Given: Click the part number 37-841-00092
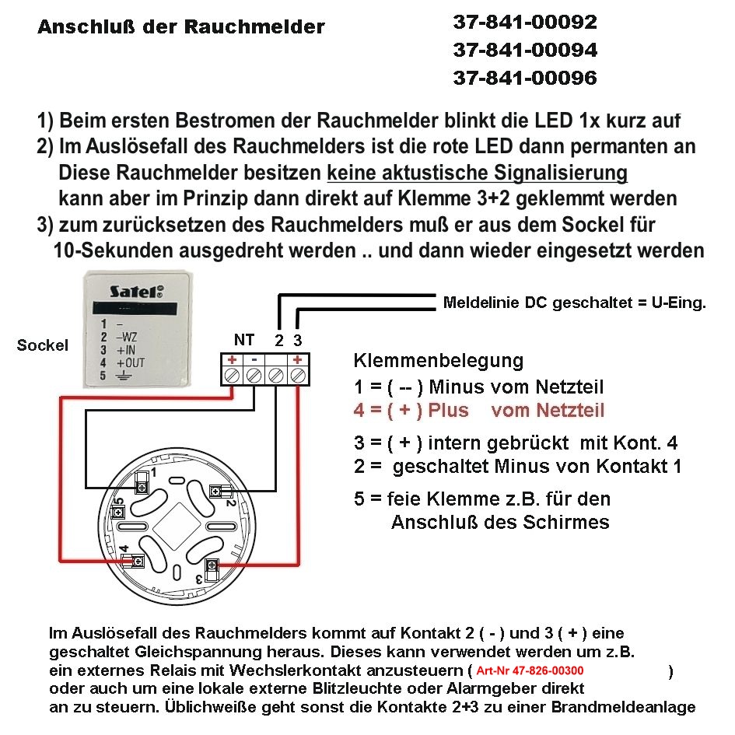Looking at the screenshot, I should [525, 23].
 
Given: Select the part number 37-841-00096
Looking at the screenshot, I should [525, 79].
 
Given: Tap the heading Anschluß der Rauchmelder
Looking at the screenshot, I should [181, 28].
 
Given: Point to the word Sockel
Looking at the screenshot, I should [43, 345].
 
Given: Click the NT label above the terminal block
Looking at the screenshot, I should [243, 340].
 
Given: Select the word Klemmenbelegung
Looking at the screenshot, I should [439, 361].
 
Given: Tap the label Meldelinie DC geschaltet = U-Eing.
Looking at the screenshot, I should [574, 303].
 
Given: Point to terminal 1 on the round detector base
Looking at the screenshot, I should [142, 486].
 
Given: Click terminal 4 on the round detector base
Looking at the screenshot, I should [137, 561].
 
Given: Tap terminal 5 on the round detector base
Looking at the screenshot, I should [120, 514].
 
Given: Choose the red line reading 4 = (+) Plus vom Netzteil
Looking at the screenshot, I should [478, 411].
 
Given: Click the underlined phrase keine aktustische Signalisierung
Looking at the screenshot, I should [478, 172].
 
